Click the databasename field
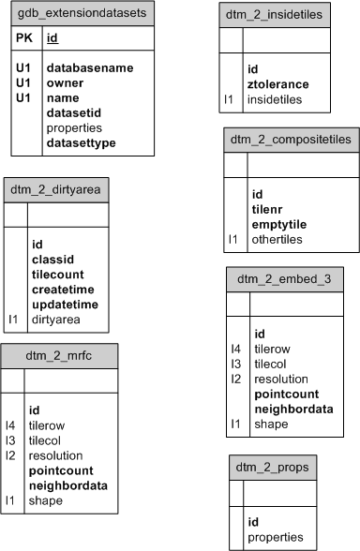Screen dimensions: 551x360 click(x=90, y=67)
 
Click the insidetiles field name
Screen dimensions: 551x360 click(x=277, y=98)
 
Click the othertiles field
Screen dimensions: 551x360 click(x=277, y=239)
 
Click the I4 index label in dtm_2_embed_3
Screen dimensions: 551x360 click(x=236, y=349)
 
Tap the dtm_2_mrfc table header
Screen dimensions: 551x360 click(x=58, y=354)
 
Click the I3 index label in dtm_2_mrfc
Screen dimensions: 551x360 click(x=11, y=440)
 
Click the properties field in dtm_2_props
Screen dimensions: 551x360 click(x=276, y=537)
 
